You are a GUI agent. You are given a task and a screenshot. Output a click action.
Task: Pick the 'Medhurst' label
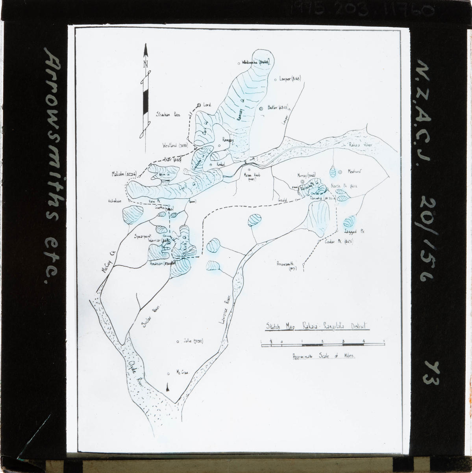(355, 171)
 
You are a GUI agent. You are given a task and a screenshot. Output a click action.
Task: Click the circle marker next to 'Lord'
(199, 105)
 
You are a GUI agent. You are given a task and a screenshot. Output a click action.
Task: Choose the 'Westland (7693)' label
(174, 145)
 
